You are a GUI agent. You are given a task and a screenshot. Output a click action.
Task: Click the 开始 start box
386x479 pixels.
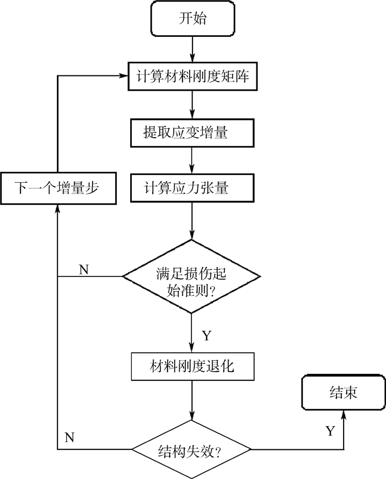point(192,19)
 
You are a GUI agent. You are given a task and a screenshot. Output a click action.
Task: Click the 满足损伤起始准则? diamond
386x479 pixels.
point(191,276)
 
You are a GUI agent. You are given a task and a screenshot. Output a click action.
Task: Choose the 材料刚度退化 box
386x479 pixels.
point(191,366)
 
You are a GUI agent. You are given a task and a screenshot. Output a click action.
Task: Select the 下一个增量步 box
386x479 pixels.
point(57,188)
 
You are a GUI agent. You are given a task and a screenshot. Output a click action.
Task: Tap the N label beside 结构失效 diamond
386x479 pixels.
point(69,438)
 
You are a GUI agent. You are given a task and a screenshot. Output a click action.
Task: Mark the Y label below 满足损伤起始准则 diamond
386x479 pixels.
point(206,336)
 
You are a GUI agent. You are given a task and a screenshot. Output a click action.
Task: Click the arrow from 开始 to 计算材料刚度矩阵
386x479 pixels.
point(192,48)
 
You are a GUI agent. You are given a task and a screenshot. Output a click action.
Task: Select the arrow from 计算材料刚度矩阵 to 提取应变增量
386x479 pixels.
point(192,105)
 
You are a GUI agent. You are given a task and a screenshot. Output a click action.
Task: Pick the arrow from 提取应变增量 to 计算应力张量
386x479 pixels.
point(192,160)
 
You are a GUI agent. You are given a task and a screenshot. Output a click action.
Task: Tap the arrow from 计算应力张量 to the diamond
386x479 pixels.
point(192,220)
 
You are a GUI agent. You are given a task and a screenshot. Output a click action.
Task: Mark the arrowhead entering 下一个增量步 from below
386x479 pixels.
point(57,207)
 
